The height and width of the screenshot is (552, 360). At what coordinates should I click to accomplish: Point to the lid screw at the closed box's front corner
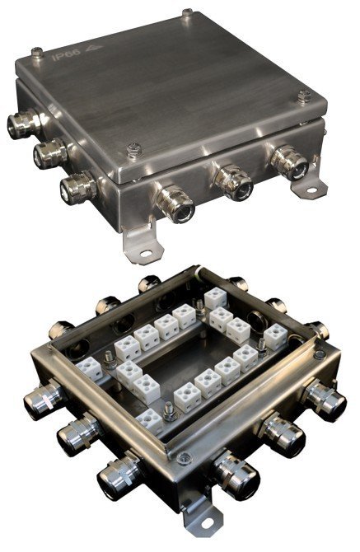[x=135, y=150]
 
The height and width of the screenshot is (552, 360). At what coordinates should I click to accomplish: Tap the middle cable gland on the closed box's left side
[x=48, y=153]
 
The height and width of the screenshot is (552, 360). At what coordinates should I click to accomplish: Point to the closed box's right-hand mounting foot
[x=312, y=187]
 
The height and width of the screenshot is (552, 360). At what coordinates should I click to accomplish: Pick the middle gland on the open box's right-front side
[x=280, y=434]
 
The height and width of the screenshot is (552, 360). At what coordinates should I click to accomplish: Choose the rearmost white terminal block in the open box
[x=216, y=297]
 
